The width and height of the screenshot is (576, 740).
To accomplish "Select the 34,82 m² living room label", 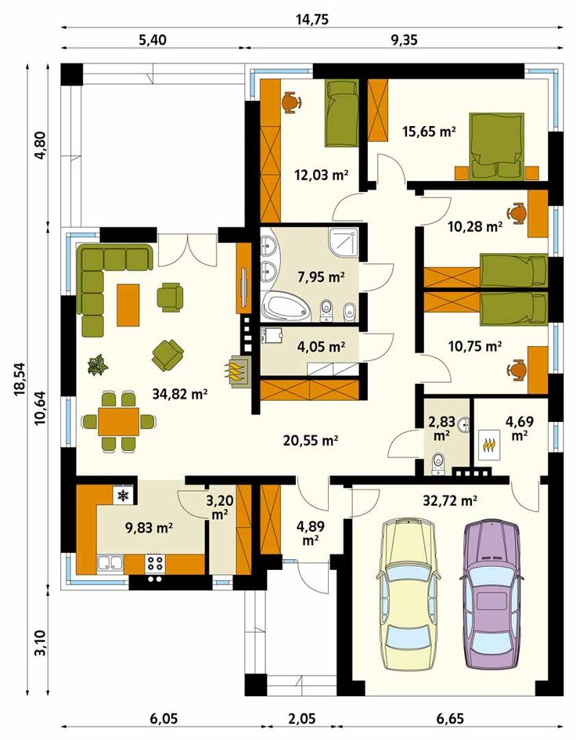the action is [180, 394].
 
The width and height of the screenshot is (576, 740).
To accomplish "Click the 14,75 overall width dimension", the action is [311, 20].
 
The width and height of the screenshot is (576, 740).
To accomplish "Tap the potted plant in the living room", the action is [98, 365].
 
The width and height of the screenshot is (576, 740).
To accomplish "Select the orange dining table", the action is [118, 421].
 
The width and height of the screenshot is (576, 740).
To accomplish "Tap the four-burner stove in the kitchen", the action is [156, 562].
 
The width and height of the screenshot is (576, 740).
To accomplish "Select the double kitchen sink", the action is [110, 563].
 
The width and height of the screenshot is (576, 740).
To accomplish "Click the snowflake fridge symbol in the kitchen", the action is [123, 495].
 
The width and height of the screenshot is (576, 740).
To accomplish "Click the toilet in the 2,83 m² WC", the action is [438, 464].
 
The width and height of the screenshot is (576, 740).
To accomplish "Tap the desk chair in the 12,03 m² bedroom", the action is [291, 103].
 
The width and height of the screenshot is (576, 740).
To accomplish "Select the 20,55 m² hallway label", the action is [311, 440].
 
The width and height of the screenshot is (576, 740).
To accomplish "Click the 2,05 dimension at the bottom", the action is [301, 719].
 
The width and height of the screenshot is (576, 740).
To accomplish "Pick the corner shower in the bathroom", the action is [344, 243].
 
